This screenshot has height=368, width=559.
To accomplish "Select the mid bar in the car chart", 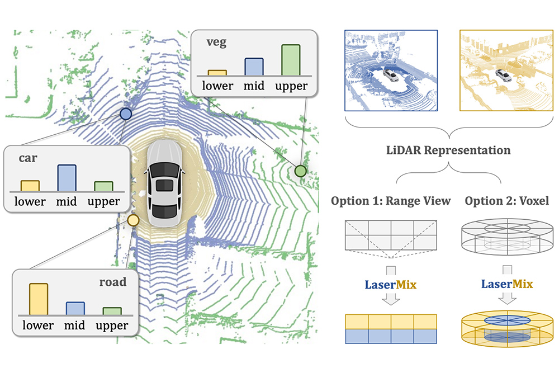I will (x=67, y=178).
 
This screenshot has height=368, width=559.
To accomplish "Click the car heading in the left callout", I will (x=28, y=158).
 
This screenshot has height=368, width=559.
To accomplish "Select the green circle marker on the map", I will (x=301, y=171).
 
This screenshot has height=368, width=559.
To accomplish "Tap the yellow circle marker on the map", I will (x=133, y=220).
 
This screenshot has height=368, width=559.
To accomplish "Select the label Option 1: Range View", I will (x=391, y=201).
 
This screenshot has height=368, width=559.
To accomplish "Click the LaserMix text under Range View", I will (x=391, y=284).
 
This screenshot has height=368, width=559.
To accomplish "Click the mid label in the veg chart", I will (x=254, y=86).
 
